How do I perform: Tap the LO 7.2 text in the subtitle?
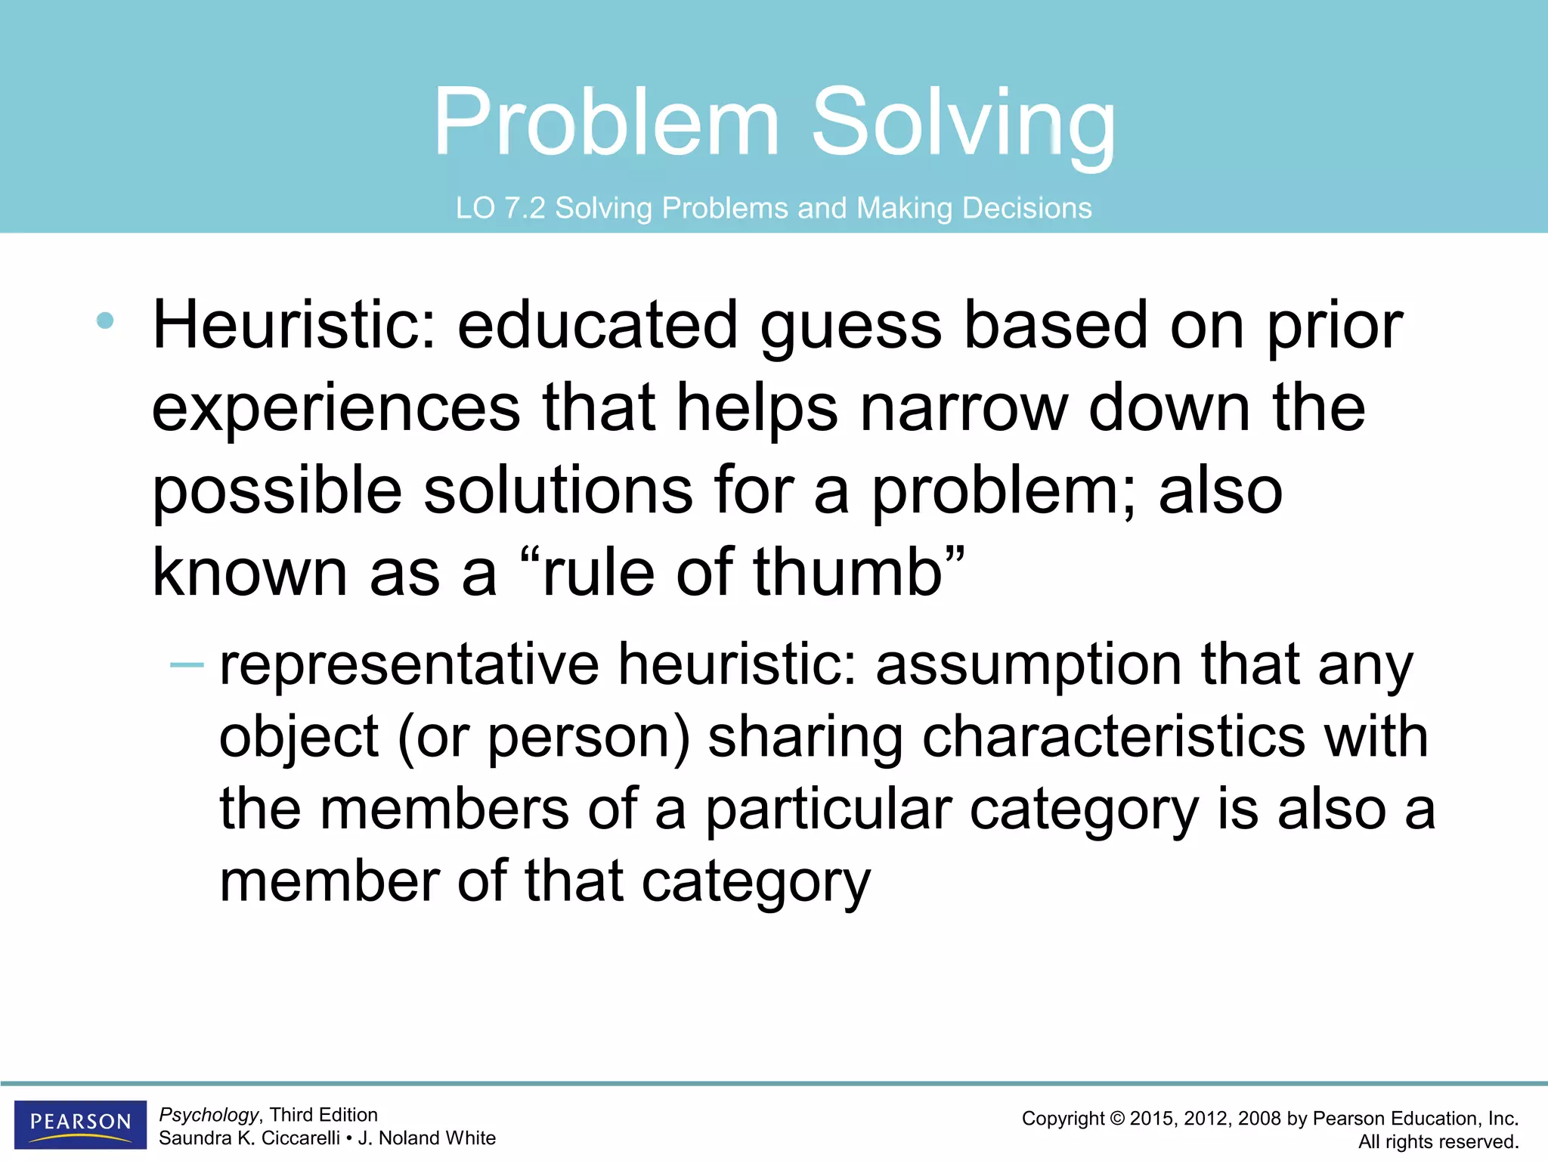pos(500,208)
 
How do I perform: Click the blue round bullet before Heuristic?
pos(105,320)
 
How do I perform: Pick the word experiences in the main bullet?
pos(336,408)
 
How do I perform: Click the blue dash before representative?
pos(187,665)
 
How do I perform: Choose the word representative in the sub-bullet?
pos(409,665)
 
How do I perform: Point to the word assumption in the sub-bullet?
pos(1028,665)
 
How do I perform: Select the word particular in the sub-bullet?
pos(828,810)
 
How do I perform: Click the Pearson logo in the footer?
pos(80,1123)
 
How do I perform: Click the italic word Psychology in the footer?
pos(209,1115)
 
